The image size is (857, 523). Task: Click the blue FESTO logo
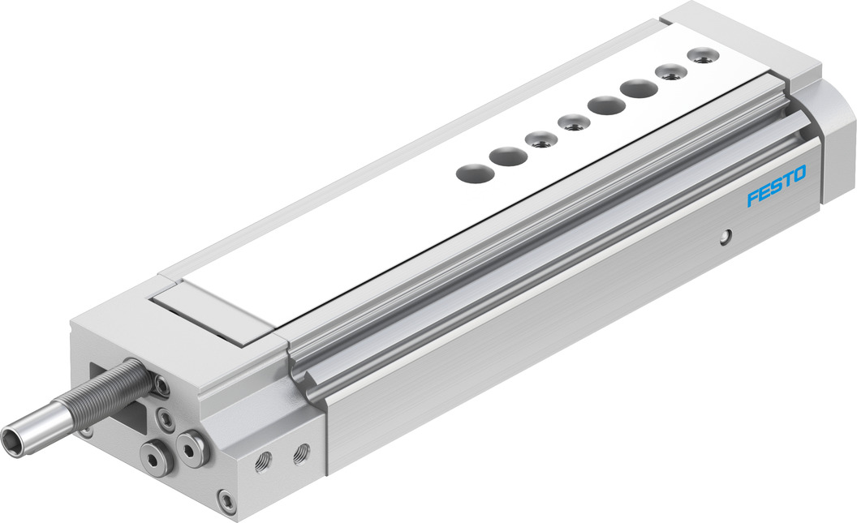776,187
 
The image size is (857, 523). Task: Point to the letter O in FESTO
799,174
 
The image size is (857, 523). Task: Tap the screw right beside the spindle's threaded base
162,386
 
